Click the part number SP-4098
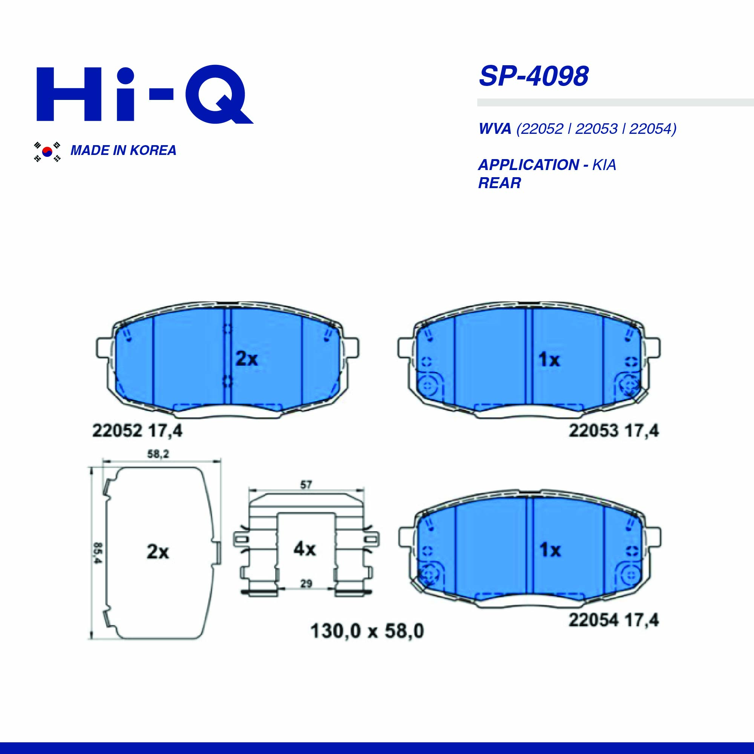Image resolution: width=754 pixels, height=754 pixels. pos(533,76)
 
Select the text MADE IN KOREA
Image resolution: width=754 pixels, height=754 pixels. pos(123,151)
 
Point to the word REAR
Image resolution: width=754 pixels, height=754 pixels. pos(500,183)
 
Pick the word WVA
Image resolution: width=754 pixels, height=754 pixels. pos(495,129)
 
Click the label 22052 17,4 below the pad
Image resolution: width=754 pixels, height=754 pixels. pos(137,432)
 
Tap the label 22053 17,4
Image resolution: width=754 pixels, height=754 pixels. pos(614,431)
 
